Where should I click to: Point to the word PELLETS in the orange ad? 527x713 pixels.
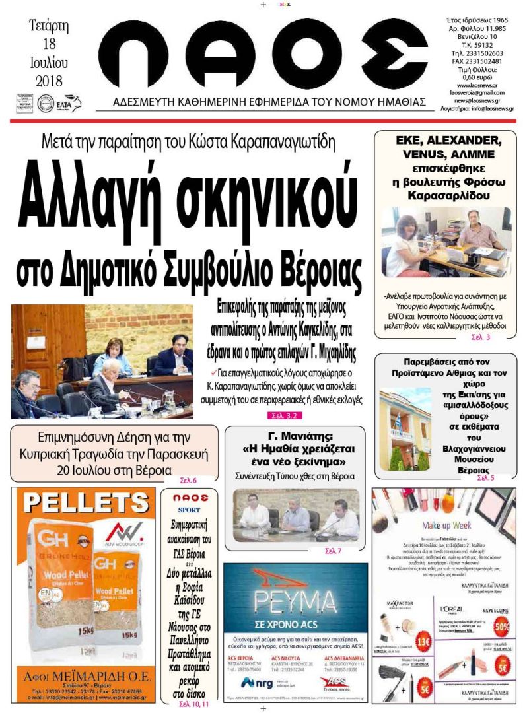[83, 502]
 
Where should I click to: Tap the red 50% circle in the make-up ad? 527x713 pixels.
[504, 624]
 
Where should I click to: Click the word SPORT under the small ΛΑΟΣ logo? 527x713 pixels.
[188, 510]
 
